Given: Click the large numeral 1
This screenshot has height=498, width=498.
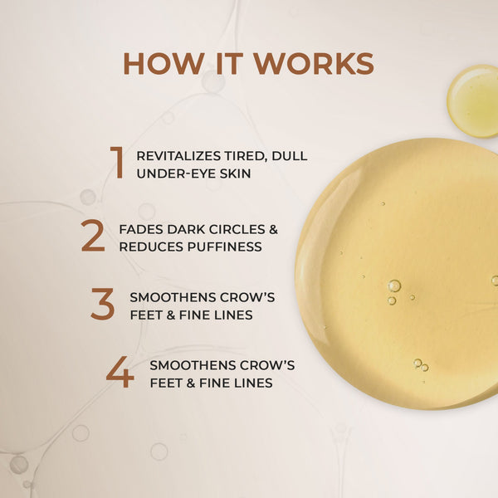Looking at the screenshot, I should pyautogui.click(x=117, y=163).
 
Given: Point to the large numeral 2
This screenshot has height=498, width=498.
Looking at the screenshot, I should pyautogui.click(x=93, y=237).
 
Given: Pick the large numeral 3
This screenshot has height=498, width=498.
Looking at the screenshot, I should pyautogui.click(x=102, y=305).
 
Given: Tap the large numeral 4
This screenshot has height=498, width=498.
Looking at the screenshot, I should pyautogui.click(x=120, y=373).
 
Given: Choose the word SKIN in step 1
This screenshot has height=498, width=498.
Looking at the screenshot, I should pyautogui.click(x=232, y=173).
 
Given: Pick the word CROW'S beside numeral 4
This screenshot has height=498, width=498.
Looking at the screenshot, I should pyautogui.click(x=266, y=364).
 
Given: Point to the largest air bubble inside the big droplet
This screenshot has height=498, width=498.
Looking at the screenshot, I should pyautogui.click(x=394, y=286).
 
